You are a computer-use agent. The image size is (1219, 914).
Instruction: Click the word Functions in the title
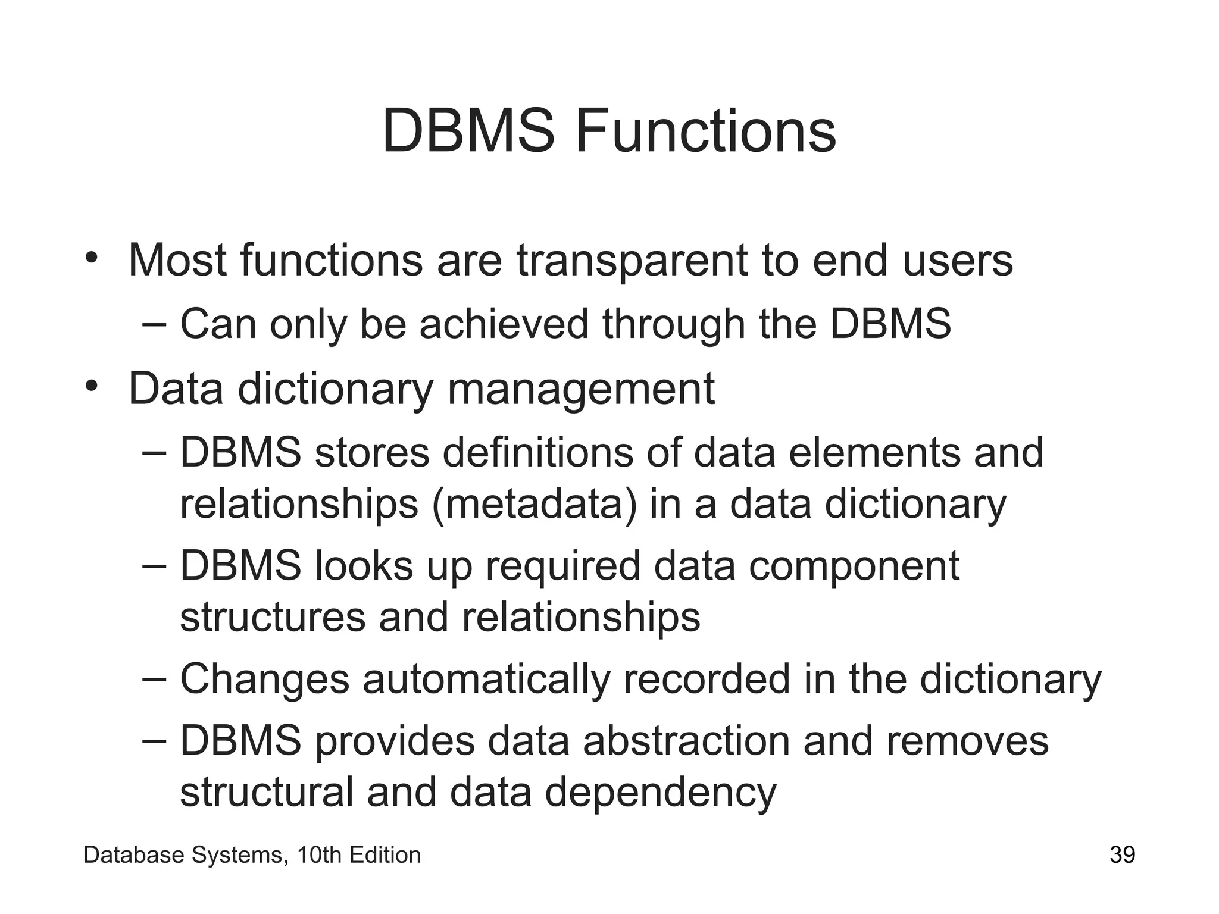705,132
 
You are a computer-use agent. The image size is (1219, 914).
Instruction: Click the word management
580,389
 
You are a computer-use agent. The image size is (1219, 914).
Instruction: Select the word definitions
538,452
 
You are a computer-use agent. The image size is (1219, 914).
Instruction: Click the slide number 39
1122,855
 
